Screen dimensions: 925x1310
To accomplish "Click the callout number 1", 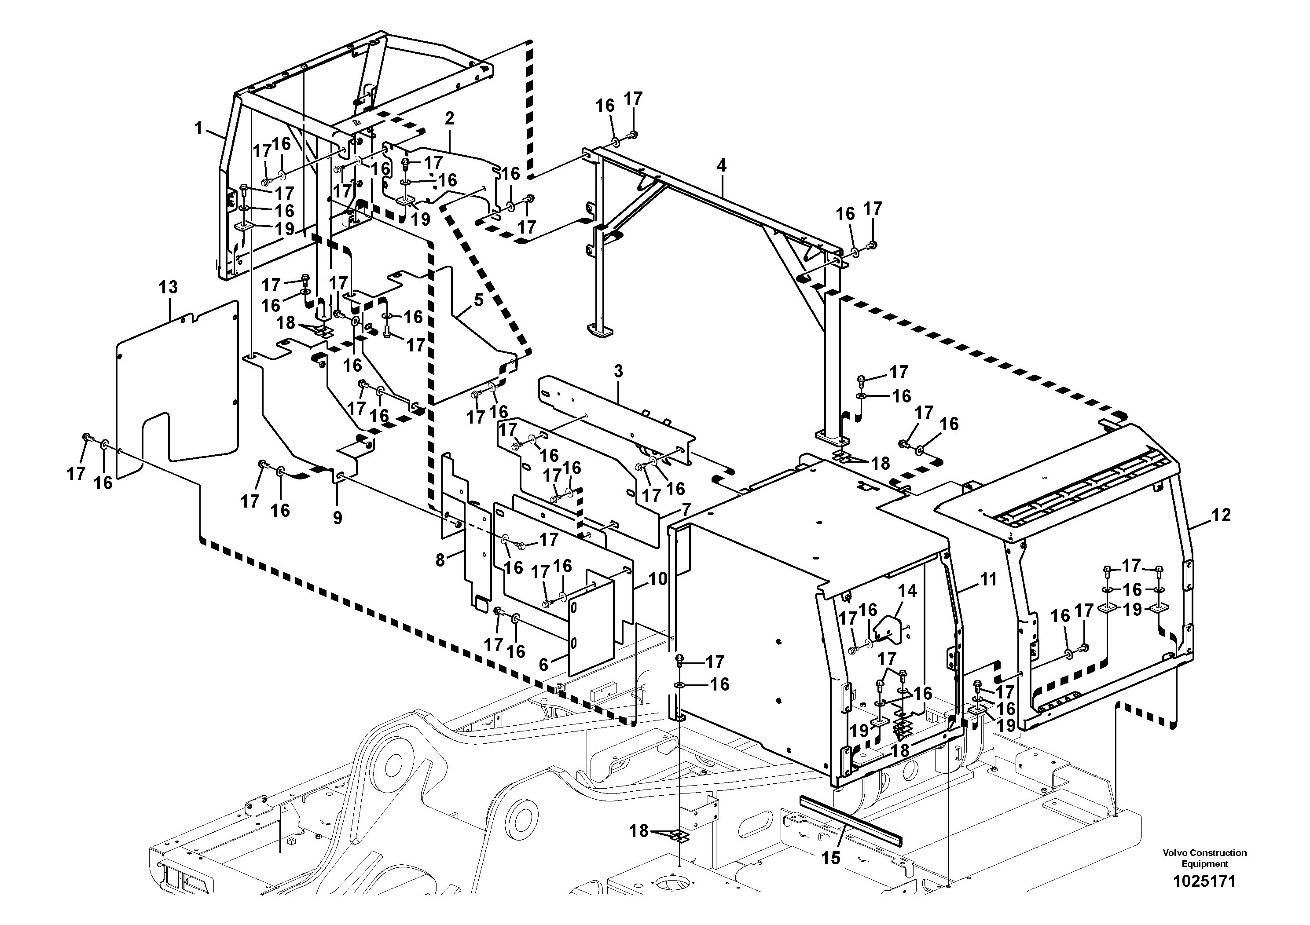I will point(198,128).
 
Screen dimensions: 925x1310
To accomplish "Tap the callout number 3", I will point(619,371).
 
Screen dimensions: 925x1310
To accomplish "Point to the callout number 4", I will point(721,166).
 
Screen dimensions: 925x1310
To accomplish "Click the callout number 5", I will point(478,300).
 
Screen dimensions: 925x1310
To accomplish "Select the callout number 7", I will point(686,509).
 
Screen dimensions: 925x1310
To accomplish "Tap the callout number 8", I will point(440,561).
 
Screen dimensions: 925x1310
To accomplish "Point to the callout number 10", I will point(657,579).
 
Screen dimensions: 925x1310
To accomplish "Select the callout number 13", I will point(168,287).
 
